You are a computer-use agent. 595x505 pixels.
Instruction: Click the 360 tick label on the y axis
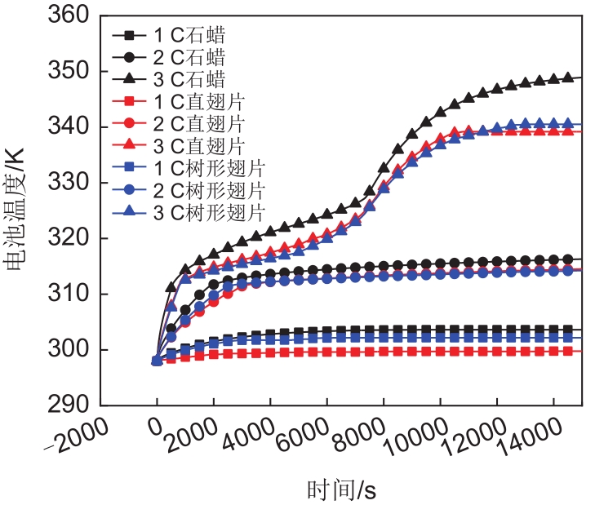point(71,16)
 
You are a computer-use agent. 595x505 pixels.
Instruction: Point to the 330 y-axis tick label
point(71,183)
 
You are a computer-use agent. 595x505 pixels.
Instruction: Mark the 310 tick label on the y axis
point(71,294)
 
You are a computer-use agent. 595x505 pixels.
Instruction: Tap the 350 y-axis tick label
point(71,72)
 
